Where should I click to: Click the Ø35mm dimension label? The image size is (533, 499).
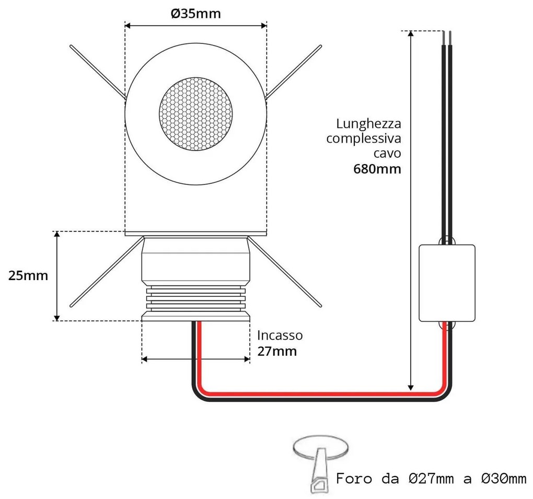coord(196,13)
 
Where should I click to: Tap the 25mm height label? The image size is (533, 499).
coord(28,275)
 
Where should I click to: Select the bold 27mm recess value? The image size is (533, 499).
coord(277,351)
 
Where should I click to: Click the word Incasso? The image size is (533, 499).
coord(280,335)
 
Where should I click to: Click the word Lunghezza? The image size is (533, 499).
coord(369,124)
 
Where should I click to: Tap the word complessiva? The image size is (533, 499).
coord(364,139)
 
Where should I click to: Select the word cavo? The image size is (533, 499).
coord(387,154)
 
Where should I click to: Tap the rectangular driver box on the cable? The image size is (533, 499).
coord(447,283)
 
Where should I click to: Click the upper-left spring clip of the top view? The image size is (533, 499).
coord(97,71)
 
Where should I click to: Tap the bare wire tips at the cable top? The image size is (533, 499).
coord(447,38)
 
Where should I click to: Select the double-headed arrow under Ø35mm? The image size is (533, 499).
coord(196,26)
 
